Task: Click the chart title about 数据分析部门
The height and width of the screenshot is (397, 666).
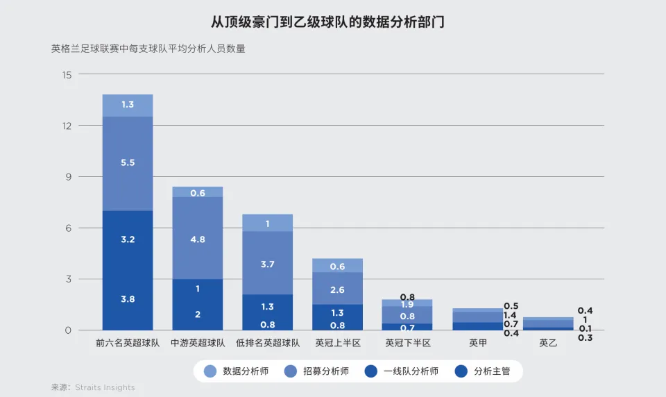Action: tap(327, 22)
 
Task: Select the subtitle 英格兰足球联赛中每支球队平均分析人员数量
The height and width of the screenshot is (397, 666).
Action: tap(148, 49)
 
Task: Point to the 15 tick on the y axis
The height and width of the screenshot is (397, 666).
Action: tap(67, 74)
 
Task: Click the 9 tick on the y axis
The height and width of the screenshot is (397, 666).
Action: tap(67, 177)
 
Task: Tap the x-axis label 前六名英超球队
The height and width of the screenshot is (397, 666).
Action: tap(128, 343)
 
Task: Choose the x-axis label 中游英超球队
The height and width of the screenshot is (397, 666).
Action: tap(198, 343)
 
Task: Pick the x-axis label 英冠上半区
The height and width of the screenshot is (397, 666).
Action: tap(337, 343)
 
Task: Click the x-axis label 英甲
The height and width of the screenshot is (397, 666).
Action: tap(477, 343)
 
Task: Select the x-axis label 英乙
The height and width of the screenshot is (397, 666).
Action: tap(548, 343)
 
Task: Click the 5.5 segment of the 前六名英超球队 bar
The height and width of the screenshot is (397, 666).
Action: tap(128, 163)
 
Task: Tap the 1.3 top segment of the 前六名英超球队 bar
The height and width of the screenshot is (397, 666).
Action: tap(128, 105)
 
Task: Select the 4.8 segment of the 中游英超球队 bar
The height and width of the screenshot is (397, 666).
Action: tap(198, 238)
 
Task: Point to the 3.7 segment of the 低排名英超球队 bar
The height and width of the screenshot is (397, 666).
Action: tap(267, 263)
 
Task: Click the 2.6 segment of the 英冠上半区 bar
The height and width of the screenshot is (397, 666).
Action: tap(337, 288)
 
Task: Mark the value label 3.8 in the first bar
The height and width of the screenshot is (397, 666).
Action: tap(128, 299)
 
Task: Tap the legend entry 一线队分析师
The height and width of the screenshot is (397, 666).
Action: tap(403, 371)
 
